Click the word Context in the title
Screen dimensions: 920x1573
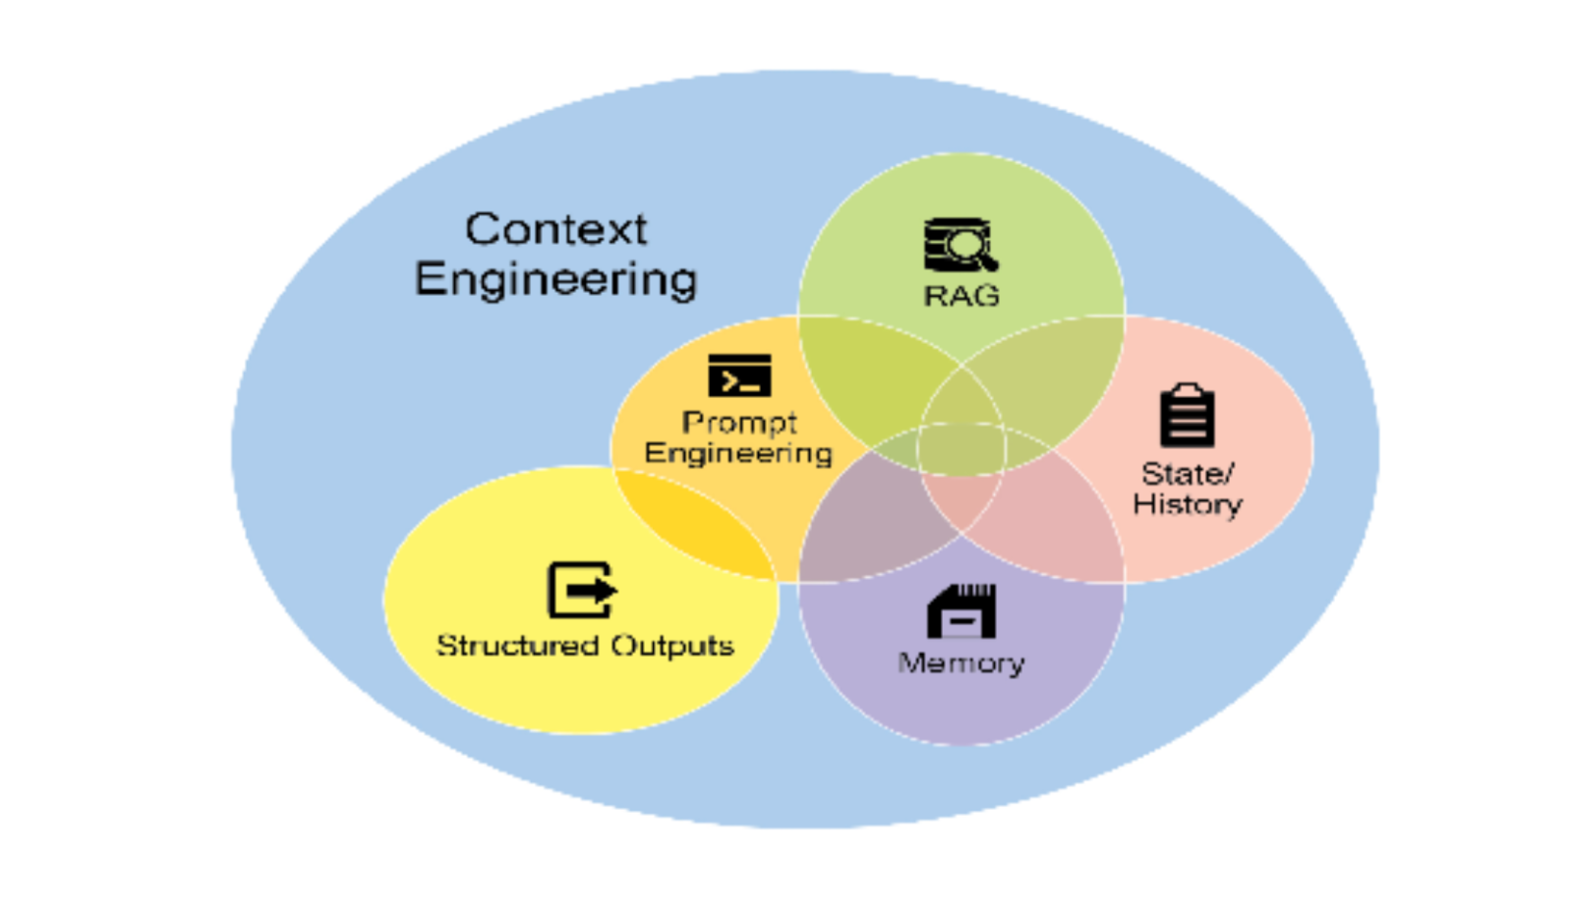[555, 229]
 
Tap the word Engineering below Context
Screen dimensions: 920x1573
[555, 279]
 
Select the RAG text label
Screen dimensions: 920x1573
[961, 295]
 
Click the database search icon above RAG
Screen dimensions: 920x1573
[960, 244]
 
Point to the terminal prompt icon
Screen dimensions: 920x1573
[739, 375]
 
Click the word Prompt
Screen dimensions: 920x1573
[739, 423]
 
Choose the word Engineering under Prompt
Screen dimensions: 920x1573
[738, 453]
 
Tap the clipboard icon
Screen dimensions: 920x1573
[1187, 416]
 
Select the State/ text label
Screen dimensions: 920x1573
[1187, 474]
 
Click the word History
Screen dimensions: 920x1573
[1187, 504]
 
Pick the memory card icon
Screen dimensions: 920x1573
[961, 611]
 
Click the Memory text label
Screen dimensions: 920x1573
[961, 663]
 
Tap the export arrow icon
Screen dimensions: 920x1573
[581, 590]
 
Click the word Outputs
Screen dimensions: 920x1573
[672, 646]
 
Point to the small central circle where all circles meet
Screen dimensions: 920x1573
[961, 449]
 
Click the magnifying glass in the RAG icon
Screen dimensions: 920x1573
[973, 246]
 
